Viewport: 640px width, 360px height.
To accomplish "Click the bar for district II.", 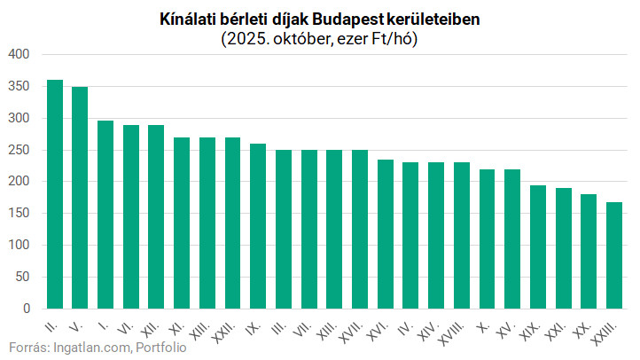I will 55,194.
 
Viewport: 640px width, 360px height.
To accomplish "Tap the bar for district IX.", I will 257,226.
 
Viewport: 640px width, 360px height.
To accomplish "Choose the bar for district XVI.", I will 385,234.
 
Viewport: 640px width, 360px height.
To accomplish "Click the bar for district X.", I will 487,239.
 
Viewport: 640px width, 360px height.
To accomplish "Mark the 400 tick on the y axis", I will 20,55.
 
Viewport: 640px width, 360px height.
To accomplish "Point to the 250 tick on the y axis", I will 20,150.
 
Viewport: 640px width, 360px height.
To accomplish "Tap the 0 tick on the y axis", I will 27,309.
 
